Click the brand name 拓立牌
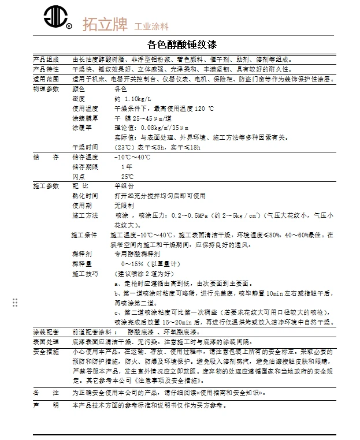104,25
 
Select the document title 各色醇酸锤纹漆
183,44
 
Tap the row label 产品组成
46,59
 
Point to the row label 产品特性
46,69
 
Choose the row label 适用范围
46,79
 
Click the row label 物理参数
46,90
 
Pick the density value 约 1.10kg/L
133,99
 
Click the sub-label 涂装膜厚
85,117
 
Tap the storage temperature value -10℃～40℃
132,157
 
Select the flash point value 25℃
127,176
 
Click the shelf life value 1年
127,167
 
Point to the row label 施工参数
46,187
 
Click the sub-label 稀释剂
82,253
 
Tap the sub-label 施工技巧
85,273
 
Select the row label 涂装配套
46,333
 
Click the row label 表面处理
46,342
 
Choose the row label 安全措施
46,351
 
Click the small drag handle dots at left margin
15,303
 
